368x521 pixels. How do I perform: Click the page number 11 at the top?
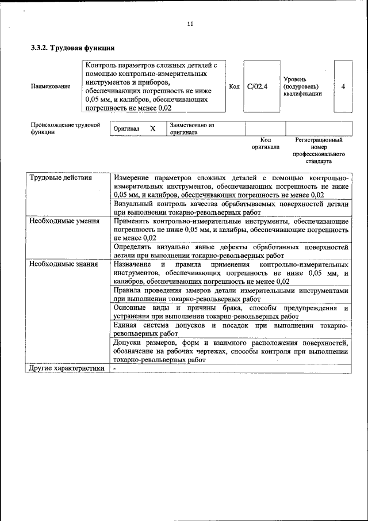click(190, 24)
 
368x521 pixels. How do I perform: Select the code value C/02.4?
click(257, 87)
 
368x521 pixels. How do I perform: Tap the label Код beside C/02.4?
click(234, 87)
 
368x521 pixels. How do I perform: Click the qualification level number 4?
click(343, 87)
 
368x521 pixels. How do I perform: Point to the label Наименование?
click(51, 86)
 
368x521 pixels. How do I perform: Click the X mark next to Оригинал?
click(153, 129)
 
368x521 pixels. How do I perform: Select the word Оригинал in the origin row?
click(126, 129)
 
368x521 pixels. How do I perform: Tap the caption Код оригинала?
click(265, 143)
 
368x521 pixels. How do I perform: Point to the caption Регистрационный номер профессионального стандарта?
click(319, 150)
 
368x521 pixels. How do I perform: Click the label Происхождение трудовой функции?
click(65, 128)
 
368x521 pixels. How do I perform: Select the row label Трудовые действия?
click(60, 178)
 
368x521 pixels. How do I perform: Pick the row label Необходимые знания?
click(63, 264)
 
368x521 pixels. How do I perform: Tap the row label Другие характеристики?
click(67, 368)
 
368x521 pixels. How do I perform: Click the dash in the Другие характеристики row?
click(115, 368)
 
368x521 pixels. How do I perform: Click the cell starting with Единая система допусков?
click(231, 330)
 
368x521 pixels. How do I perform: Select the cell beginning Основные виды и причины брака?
click(231, 313)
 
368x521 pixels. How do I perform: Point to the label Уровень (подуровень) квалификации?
click(302, 86)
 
